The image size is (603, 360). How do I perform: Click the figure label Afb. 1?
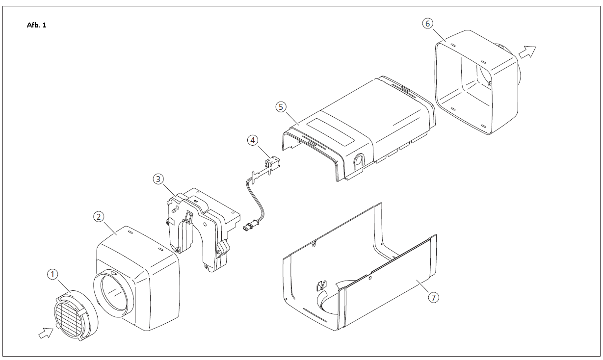click(x=36, y=25)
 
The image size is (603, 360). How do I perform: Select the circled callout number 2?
click(x=99, y=216)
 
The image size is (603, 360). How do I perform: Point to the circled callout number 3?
click(x=157, y=179)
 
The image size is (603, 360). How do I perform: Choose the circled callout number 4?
click(x=252, y=140)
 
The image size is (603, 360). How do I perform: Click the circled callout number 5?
click(x=280, y=106)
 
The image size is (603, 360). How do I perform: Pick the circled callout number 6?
click(x=428, y=23)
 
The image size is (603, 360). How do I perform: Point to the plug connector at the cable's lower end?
click(x=249, y=227)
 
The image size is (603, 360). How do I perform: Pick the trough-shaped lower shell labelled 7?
click(x=358, y=280)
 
